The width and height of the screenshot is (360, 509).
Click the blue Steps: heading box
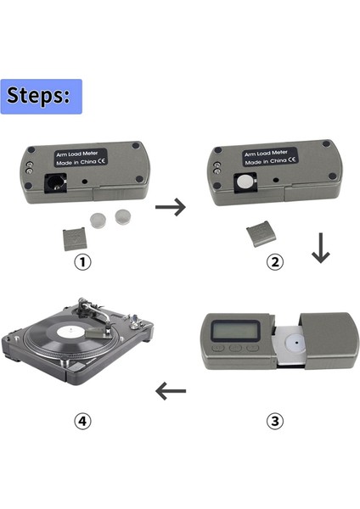[42, 97]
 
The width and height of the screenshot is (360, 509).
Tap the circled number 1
[83, 261]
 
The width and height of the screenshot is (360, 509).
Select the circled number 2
[275, 261]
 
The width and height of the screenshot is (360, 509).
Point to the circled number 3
[275, 421]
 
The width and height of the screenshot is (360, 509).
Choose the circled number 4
[83, 421]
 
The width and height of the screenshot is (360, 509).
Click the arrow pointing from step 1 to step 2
[171, 207]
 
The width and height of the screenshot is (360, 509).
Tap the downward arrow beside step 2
[321, 248]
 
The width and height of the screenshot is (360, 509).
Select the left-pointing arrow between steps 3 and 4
[171, 391]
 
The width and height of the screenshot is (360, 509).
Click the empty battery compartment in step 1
[55, 182]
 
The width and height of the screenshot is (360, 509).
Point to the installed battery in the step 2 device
[245, 182]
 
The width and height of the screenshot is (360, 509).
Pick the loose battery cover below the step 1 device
[75, 239]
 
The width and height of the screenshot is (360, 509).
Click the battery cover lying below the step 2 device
[262, 234]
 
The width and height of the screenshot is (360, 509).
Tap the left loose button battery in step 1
[98, 220]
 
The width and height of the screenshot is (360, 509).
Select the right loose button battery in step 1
[123, 217]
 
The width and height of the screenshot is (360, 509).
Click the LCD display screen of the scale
[235, 331]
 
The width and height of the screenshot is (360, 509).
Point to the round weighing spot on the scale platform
[295, 343]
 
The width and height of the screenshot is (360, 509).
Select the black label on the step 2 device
[270, 157]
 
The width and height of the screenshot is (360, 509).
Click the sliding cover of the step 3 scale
[329, 341]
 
